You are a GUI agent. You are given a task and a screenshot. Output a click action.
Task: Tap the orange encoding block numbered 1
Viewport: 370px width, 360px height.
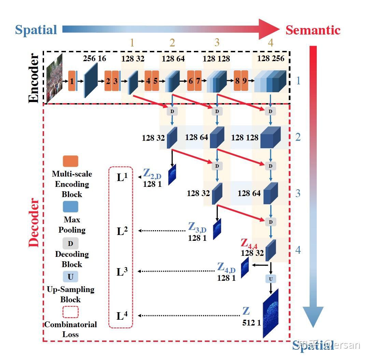tap(72, 81)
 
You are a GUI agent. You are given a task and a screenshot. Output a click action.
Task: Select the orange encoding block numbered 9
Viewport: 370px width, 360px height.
tap(244, 81)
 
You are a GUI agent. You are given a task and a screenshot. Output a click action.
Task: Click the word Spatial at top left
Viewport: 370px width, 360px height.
tap(36, 30)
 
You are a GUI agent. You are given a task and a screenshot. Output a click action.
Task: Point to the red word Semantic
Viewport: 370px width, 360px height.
tap(313, 30)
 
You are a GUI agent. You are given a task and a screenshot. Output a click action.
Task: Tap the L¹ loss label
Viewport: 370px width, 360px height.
tap(122, 177)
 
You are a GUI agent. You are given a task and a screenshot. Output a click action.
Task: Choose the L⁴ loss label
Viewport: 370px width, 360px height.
tap(122, 316)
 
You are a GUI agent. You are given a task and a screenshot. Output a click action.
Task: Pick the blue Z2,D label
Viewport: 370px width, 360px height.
tap(152, 174)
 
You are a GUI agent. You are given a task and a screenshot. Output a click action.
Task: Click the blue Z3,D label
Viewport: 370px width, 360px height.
tap(197, 227)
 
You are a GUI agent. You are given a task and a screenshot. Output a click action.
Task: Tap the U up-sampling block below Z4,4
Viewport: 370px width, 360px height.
tap(271, 279)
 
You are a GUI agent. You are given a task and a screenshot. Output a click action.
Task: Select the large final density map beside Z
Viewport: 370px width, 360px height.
tap(271, 313)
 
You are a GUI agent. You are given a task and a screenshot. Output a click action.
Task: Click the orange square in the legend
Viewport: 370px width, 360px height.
tap(70, 161)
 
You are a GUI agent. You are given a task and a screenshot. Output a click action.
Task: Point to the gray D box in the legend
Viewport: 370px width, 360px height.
tap(70, 244)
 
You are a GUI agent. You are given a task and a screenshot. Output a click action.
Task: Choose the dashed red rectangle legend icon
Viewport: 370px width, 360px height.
tap(70, 312)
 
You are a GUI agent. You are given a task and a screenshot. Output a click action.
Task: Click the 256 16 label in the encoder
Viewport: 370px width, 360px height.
tap(95, 58)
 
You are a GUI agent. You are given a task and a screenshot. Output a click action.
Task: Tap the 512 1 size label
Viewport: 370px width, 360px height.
tap(251, 322)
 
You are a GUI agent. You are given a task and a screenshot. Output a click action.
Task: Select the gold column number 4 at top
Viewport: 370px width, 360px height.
tap(271, 43)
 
